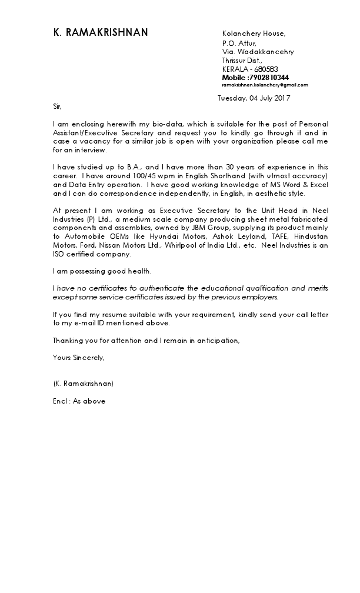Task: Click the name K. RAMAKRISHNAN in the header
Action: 101,34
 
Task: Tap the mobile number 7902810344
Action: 269,78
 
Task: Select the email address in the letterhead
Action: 265,85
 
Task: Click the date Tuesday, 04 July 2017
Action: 254,98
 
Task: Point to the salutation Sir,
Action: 57,106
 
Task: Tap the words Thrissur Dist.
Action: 242,60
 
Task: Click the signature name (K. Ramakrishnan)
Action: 83,384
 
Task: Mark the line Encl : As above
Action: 79,402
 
